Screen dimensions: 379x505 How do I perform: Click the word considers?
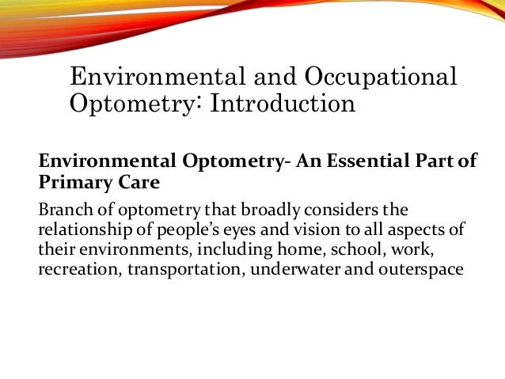pyautogui.click(x=301, y=211)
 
